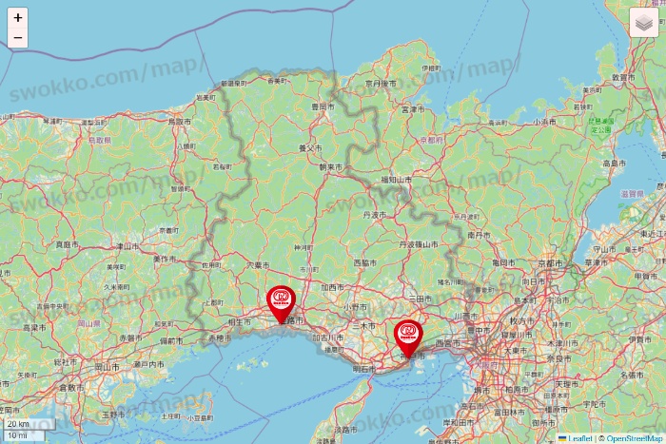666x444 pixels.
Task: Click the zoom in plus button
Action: coord(17,17)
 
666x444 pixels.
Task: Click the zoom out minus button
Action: coord(17,38)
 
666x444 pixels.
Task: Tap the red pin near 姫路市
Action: coord(281,303)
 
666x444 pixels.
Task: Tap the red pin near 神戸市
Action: coord(408,338)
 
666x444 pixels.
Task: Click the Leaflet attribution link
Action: coord(578,438)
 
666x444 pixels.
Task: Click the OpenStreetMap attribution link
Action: coord(634,438)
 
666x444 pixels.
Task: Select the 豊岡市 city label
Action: coord(322,107)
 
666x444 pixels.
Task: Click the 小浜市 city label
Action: coord(543,122)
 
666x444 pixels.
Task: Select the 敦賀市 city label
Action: coord(623,76)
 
